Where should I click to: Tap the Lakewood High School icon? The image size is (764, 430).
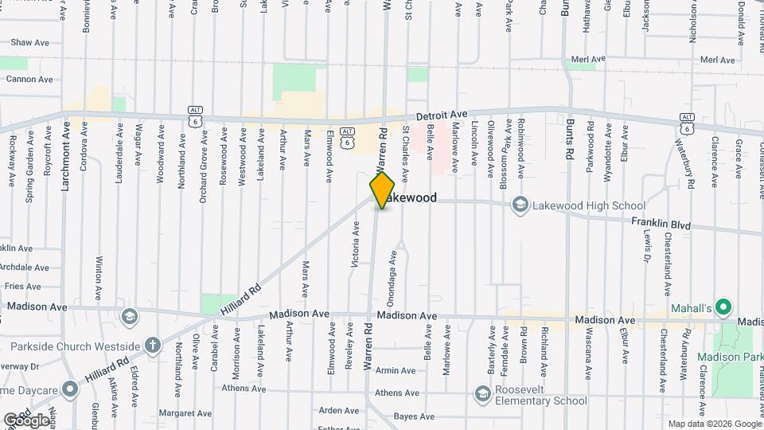click(520, 205)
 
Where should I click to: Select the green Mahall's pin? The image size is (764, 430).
click(723, 307)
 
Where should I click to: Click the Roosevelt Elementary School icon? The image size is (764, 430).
click(482, 393)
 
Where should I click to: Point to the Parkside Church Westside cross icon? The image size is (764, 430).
click(152, 346)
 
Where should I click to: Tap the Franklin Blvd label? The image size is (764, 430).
click(661, 225)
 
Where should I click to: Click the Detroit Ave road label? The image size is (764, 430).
click(438, 115)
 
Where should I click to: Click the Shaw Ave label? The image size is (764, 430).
click(31, 41)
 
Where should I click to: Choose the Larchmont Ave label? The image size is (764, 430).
click(67, 161)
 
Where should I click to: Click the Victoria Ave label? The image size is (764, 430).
click(356, 242)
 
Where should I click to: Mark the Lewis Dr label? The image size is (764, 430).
click(647, 247)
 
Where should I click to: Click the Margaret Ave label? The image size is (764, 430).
click(185, 413)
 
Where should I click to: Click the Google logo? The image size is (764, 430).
click(26, 420)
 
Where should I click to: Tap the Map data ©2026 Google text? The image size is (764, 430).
click(714, 424)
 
